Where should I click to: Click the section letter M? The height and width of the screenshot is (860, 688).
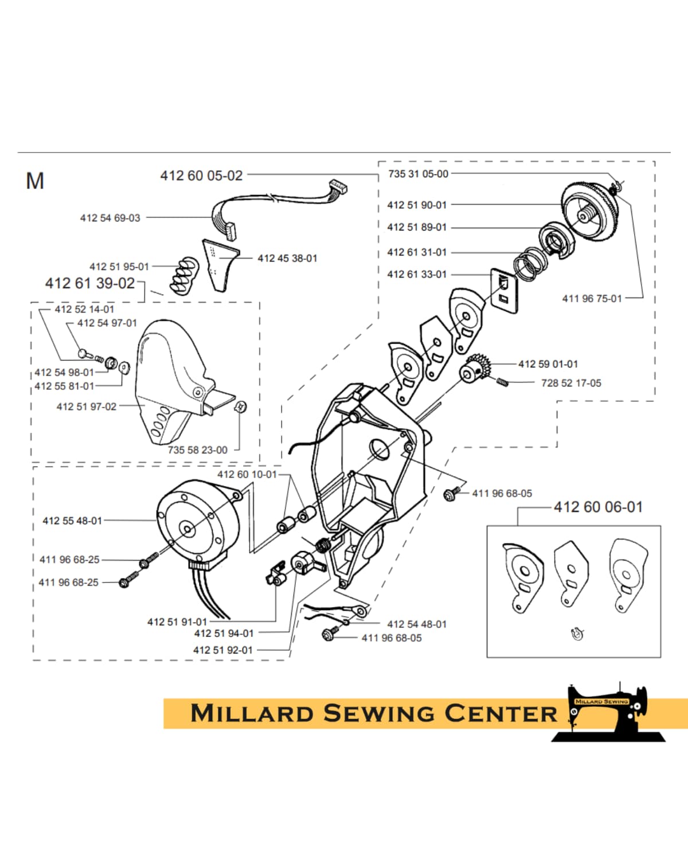click(x=35, y=181)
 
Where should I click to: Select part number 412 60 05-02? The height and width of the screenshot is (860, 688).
click(x=201, y=175)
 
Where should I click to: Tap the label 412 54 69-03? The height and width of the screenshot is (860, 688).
click(x=110, y=218)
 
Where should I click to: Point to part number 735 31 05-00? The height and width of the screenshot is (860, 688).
click(x=418, y=174)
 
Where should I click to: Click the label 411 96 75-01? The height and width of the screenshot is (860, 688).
click(x=592, y=298)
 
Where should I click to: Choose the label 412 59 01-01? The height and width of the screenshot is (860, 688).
click(x=548, y=364)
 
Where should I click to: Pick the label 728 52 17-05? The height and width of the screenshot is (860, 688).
click(x=571, y=383)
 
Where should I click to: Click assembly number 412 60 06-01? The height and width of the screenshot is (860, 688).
click(x=598, y=507)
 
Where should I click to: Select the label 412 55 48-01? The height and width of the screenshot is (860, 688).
click(x=72, y=521)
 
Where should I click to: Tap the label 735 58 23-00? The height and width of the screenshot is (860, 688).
click(x=198, y=450)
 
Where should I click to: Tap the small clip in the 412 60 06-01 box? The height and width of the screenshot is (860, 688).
click(x=577, y=634)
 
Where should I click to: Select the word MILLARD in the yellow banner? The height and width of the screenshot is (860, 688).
click(x=252, y=714)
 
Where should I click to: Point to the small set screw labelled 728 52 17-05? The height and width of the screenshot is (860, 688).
click(x=502, y=382)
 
